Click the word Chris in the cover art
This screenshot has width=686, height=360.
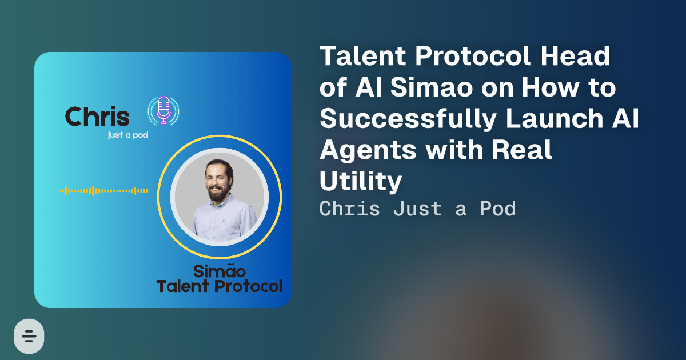coord(97,117)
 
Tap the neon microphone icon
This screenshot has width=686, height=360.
coord(163,110)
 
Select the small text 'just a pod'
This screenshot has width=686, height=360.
coord(128,135)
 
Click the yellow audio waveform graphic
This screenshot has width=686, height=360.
coord(104,191)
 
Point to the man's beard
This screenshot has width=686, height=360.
coord(218,193)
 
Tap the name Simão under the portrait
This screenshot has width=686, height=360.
coord(220,271)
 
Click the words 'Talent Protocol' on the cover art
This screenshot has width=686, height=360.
coord(220,286)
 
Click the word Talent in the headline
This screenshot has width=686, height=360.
coord(363,56)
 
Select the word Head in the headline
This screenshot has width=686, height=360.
coord(575,56)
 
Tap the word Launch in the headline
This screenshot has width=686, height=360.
coord(555,118)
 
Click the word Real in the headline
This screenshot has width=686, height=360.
coord(521,150)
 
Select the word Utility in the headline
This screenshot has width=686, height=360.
coord(361,181)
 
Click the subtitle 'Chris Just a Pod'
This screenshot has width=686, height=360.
coord(417,209)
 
